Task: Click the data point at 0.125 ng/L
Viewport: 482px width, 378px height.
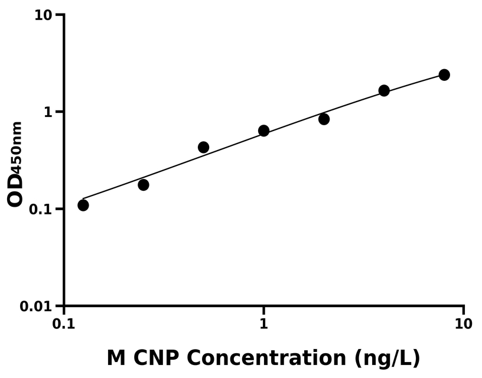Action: coord(83,205)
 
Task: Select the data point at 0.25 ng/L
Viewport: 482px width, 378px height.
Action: coord(144,185)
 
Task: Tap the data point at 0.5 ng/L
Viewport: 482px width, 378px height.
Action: coord(204,147)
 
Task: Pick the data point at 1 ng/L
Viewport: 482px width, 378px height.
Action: coord(264,131)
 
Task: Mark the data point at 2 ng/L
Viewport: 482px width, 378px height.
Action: coord(324,119)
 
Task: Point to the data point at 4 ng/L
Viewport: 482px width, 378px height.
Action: coord(384,90)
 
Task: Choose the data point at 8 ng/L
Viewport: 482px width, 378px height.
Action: coord(444,75)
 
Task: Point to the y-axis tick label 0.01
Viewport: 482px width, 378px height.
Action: coord(37,307)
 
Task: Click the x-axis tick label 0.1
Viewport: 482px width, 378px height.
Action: coord(64,324)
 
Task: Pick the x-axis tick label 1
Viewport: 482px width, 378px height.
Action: coord(264,324)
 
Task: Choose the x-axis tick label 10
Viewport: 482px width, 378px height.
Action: coord(464,324)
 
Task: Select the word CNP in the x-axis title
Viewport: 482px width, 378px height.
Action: coord(159,357)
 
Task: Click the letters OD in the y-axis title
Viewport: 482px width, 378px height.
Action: coord(16,189)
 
